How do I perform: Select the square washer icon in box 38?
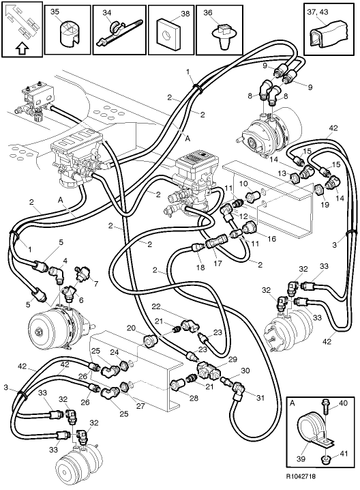pos(167,36)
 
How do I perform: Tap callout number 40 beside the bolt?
pos(342,403)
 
